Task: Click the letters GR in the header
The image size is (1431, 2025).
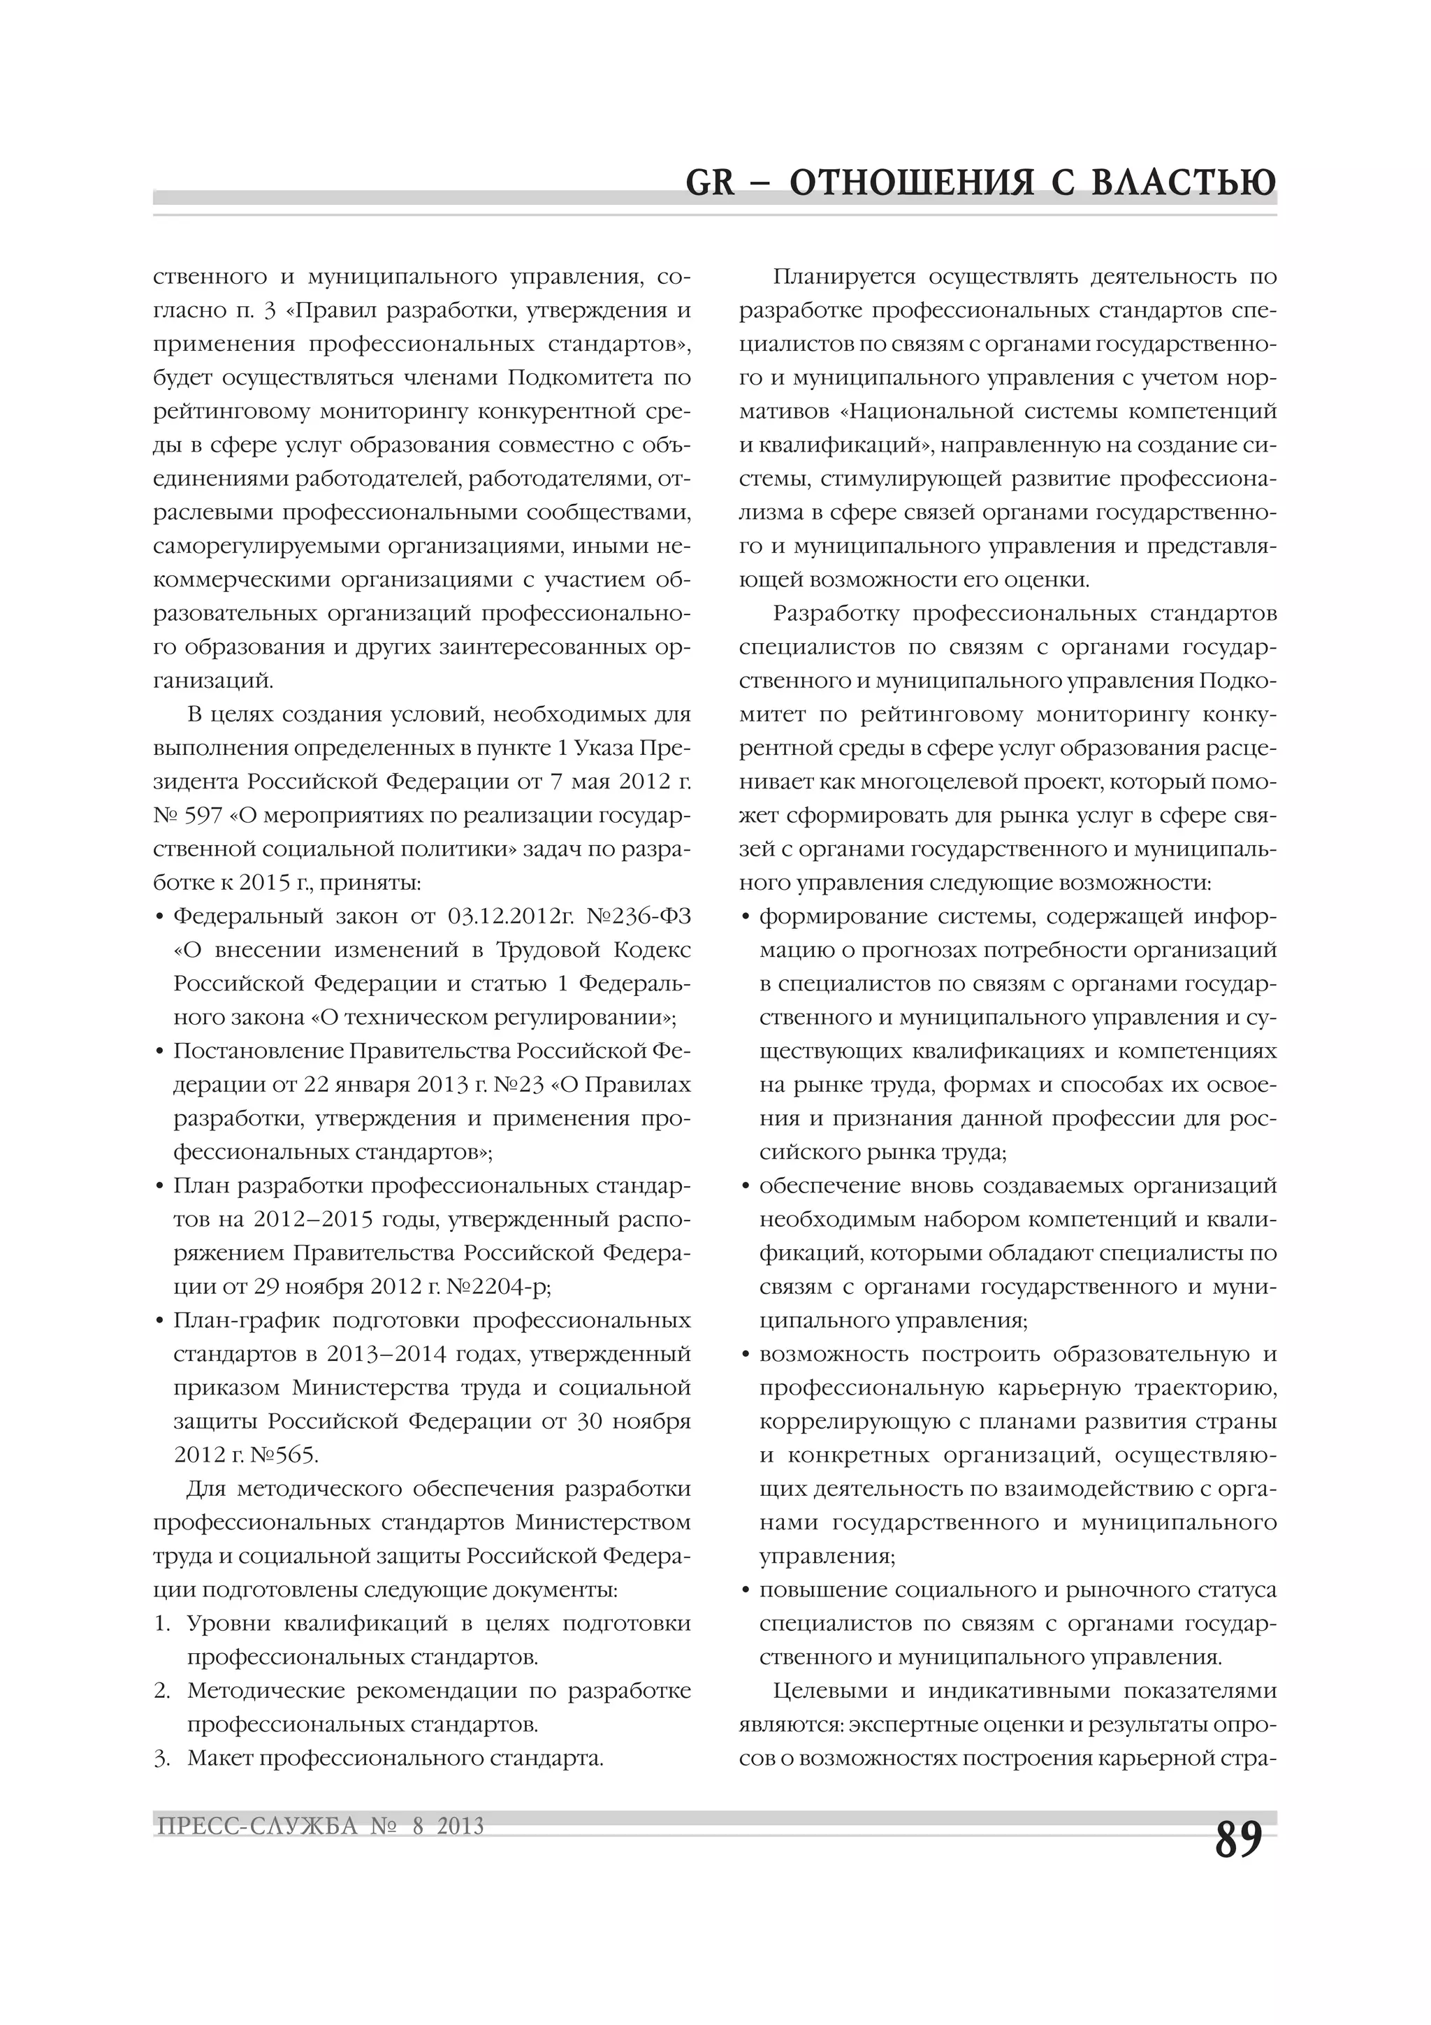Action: (710, 182)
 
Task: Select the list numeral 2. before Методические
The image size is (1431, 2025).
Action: (161, 1691)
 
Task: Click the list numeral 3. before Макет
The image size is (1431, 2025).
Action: (161, 1758)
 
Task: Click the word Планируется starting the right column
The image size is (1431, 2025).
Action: (845, 277)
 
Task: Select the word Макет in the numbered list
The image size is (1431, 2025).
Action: (219, 1758)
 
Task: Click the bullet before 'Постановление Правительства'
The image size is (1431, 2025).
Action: (159, 1052)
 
